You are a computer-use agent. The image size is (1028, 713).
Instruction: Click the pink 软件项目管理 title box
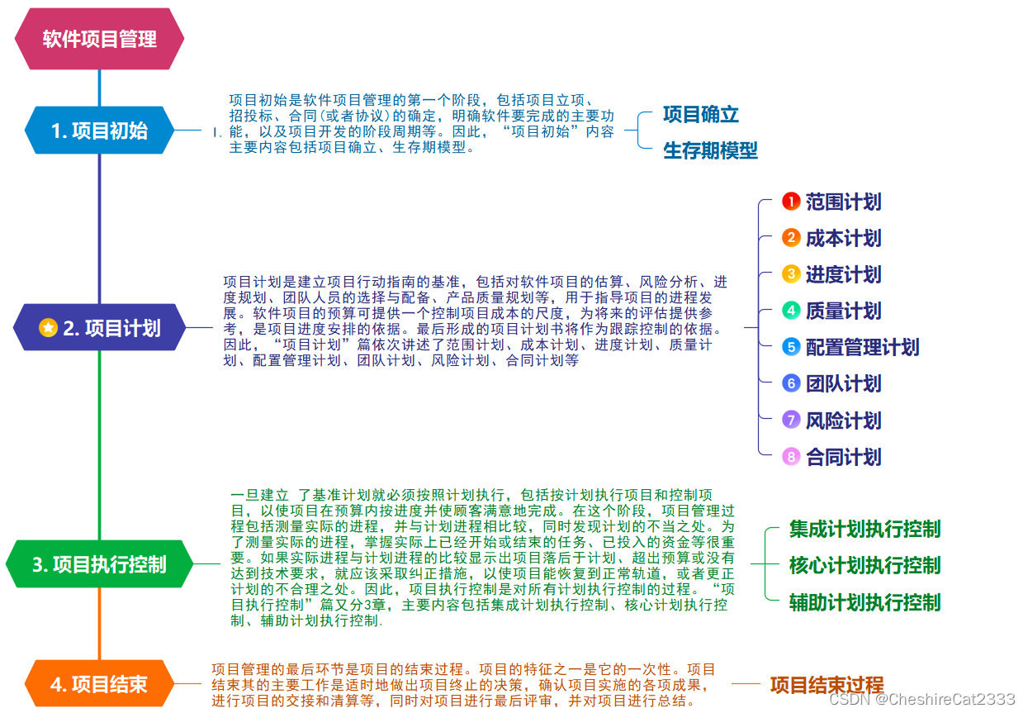[99, 39]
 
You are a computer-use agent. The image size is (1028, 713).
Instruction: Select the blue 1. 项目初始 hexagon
[99, 131]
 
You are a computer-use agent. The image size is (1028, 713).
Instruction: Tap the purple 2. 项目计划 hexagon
[99, 328]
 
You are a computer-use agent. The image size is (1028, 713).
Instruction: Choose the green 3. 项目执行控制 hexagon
[99, 565]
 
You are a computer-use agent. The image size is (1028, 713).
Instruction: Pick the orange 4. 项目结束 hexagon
[99, 684]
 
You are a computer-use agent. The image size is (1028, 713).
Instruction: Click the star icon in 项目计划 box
[49, 328]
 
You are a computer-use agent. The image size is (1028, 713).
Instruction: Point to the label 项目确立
[700, 115]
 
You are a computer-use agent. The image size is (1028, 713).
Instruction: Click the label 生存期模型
[710, 150]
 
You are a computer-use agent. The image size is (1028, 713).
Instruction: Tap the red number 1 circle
[791, 202]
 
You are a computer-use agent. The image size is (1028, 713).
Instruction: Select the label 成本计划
[843, 239]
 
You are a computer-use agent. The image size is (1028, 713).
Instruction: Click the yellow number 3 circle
[791, 274]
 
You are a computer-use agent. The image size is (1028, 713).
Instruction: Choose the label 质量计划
[843, 311]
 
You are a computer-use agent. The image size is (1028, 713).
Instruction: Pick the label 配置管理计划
[862, 347]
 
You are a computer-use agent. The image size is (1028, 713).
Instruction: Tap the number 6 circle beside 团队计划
[791, 383]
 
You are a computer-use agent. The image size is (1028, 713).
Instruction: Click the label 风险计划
[843, 421]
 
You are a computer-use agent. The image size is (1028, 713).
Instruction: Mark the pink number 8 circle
[791, 457]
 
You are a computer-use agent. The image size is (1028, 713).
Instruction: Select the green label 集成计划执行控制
[865, 530]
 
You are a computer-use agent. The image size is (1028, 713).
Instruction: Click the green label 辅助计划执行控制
[865, 602]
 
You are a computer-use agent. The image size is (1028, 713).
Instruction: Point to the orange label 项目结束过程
[827, 685]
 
